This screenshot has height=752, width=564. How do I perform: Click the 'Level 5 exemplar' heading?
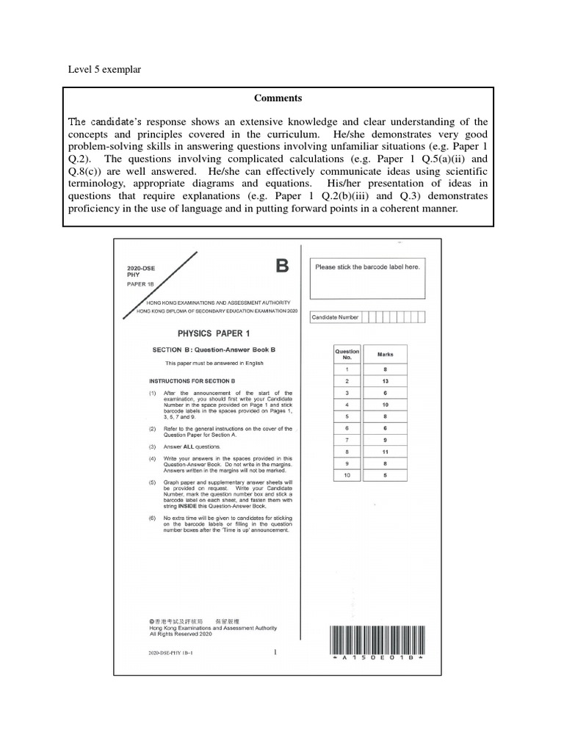(x=104, y=69)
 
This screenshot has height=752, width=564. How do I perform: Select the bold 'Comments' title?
(x=278, y=98)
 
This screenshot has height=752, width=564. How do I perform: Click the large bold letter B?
(x=282, y=266)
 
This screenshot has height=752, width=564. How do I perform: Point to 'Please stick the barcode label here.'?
(x=367, y=267)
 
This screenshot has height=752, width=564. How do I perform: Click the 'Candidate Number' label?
(x=336, y=317)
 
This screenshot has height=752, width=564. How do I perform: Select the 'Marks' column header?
(x=385, y=355)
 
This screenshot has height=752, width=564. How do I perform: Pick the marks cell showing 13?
(x=385, y=381)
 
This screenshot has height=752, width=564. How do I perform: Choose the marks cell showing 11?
(x=385, y=452)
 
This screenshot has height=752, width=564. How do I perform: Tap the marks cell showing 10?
(x=385, y=405)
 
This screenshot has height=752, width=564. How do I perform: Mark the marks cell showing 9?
(x=385, y=440)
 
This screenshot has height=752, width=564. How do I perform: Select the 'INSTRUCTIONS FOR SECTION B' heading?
(x=192, y=381)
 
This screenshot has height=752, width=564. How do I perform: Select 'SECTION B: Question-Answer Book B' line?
(x=214, y=350)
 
